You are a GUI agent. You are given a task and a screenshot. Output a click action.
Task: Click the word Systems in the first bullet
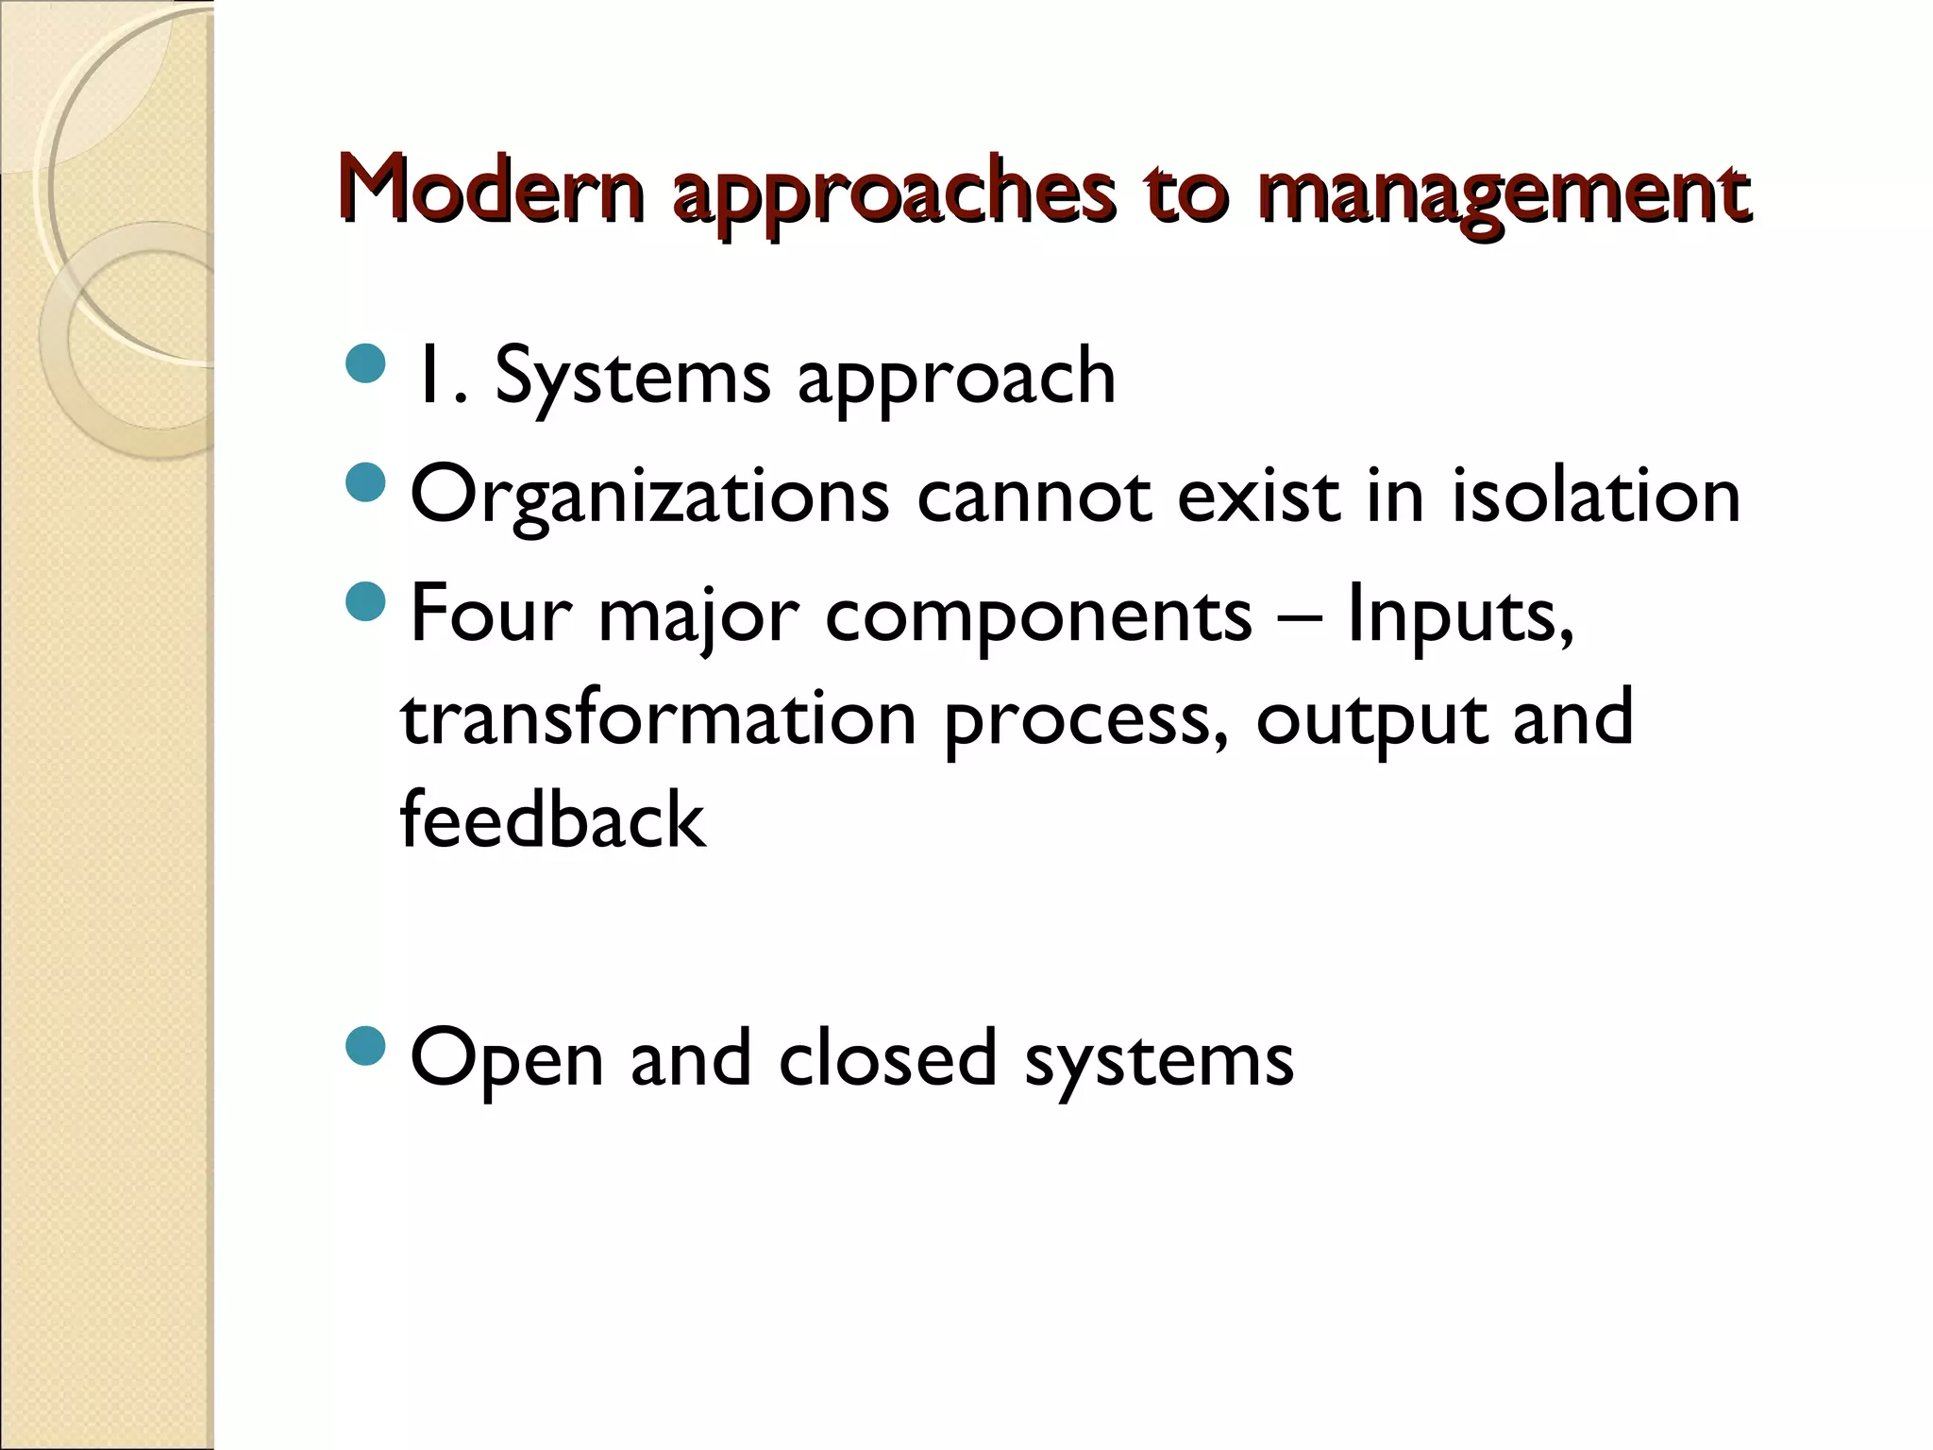click(632, 377)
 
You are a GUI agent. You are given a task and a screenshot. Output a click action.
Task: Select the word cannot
click(1034, 496)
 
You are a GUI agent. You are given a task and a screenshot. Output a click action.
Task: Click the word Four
click(491, 615)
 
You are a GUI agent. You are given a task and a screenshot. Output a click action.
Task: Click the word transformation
click(659, 717)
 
